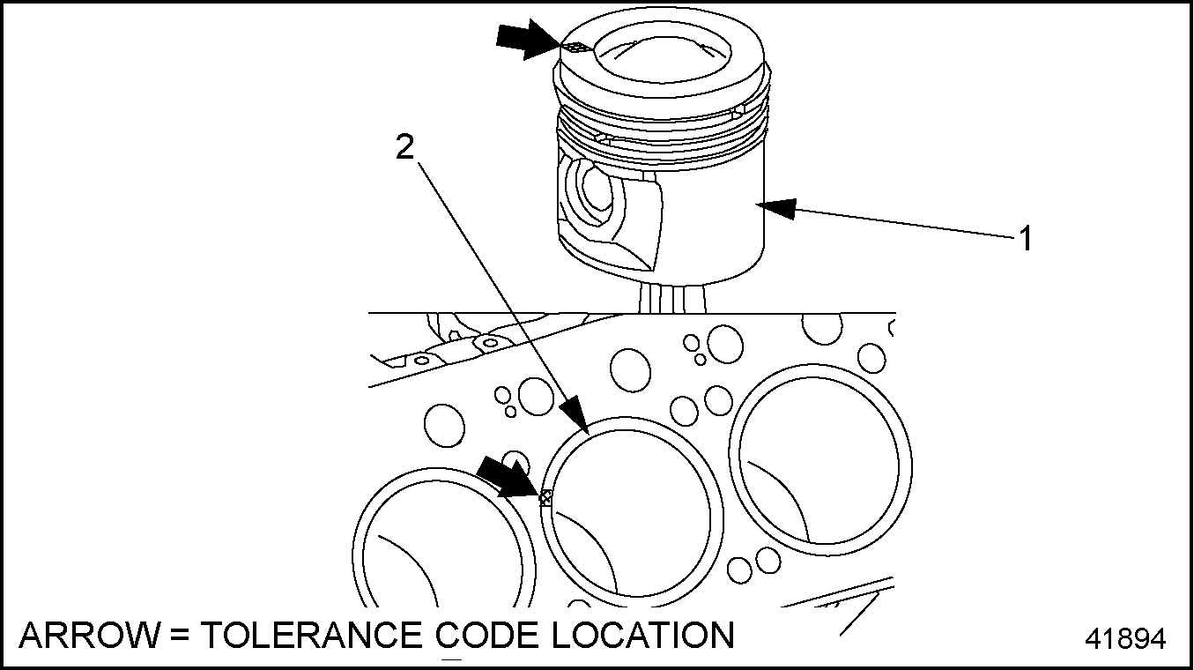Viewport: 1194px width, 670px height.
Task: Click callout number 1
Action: (1025, 238)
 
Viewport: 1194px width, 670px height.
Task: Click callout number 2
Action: (404, 147)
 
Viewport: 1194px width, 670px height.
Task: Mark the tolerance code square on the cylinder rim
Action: (545, 498)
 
